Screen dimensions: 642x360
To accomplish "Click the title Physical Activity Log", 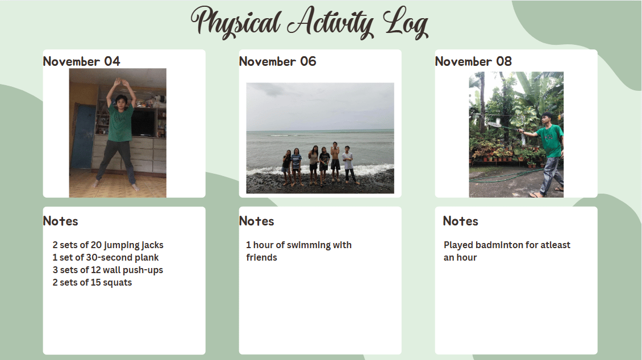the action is [x=310, y=23].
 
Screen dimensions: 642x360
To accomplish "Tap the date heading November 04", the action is [x=81, y=61].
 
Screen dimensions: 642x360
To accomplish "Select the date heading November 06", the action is [x=278, y=61].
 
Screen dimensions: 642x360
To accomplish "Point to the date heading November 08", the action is [x=473, y=61].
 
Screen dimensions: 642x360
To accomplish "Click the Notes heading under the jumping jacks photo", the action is [x=61, y=221].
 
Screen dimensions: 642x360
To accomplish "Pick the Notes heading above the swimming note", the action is [x=257, y=221].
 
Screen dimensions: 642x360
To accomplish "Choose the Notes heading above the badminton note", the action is [x=461, y=221].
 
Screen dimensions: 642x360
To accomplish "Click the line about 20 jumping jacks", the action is [x=108, y=245].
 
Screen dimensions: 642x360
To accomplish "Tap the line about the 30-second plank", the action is [x=106, y=257].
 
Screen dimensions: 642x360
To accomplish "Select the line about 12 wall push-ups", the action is [x=108, y=270].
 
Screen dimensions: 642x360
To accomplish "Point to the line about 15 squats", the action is [x=92, y=283].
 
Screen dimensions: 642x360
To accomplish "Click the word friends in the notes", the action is [x=262, y=257].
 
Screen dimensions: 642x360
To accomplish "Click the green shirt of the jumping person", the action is [x=120, y=122].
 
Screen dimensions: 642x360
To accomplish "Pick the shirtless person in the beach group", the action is [x=335, y=162].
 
